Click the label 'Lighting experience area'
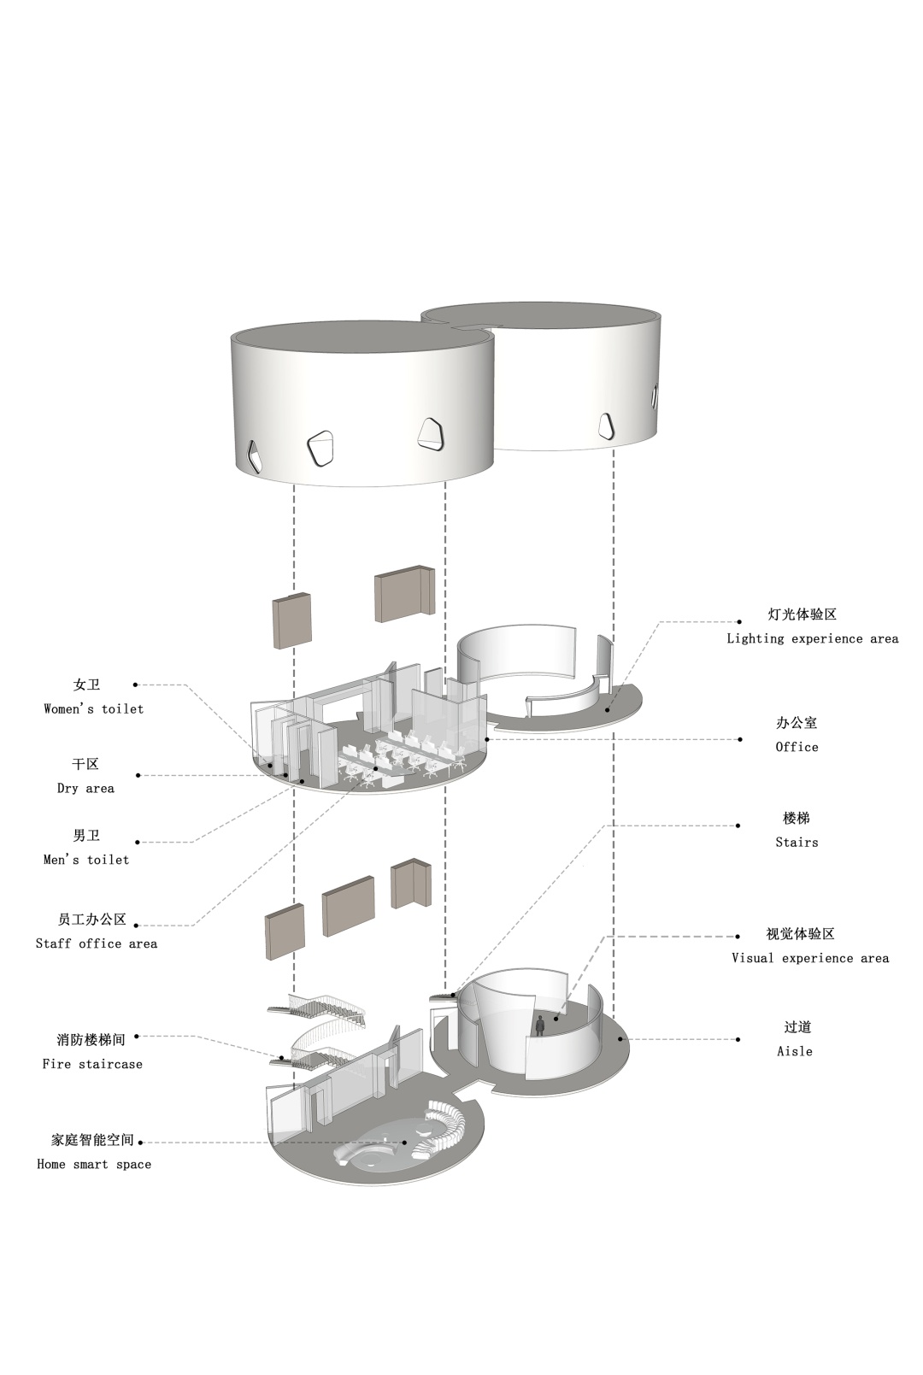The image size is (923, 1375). point(812,638)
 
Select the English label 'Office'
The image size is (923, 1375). point(797,747)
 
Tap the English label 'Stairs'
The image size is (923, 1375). point(797,843)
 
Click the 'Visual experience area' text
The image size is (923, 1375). point(809,958)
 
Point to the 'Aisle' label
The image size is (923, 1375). point(794,1051)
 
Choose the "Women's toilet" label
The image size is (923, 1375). point(94,708)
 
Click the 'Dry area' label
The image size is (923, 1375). point(85,788)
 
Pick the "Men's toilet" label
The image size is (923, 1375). point(86,860)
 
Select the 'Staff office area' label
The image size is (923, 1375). point(97,943)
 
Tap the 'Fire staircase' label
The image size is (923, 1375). point(92,1064)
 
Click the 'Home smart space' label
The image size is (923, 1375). point(94,1164)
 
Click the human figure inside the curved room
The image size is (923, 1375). point(540,1025)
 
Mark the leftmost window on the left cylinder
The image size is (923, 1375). point(255,456)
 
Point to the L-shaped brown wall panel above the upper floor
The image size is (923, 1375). point(405,594)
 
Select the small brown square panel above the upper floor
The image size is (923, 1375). point(291,621)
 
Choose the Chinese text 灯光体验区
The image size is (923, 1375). point(802,614)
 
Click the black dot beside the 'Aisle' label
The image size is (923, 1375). point(738,1040)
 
